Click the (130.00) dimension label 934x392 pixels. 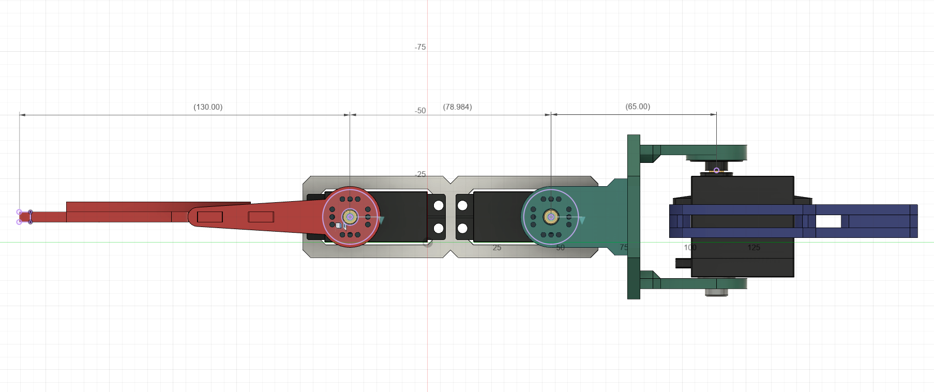click(208, 107)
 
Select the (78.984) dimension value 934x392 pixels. click(457, 107)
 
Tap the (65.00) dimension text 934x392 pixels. click(638, 107)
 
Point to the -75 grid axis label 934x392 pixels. click(420, 47)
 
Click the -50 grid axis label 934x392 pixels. click(420, 111)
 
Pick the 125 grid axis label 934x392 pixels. click(754, 248)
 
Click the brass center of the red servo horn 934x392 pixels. click(350, 217)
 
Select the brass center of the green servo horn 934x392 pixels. click(551, 217)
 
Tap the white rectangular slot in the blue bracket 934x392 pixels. click(828, 221)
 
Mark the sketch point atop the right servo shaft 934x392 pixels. click(716, 170)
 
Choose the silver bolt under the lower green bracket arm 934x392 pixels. click(716, 293)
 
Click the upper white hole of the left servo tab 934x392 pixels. click(439, 205)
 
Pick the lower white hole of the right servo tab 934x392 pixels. click(462, 228)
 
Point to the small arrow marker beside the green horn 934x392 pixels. click(582, 220)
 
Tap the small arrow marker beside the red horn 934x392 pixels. click(381, 220)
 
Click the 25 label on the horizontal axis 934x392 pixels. click(496, 248)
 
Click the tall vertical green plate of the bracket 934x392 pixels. click(634, 217)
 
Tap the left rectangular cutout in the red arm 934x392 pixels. click(210, 217)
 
